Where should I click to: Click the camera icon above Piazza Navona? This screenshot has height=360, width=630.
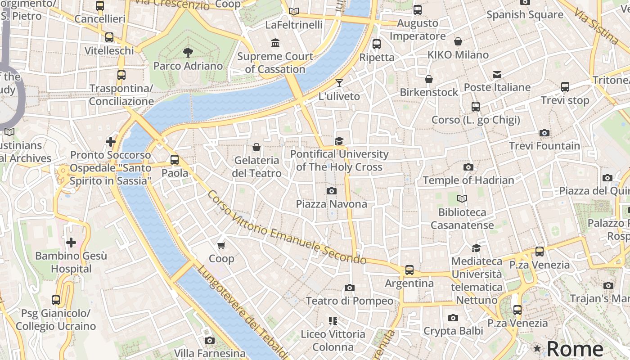point(332,191)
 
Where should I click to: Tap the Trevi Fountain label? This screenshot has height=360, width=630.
point(544,146)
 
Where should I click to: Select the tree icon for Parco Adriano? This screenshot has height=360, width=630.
point(188,53)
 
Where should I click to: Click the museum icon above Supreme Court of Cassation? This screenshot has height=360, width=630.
point(275,43)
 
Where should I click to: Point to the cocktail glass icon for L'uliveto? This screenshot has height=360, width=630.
point(339,83)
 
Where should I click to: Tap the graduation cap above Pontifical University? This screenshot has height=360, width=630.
point(339,141)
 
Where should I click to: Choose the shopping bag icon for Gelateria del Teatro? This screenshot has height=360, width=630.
point(256,147)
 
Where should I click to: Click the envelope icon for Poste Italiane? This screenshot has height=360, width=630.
point(497,74)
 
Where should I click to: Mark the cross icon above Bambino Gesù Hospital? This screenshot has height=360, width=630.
point(71,243)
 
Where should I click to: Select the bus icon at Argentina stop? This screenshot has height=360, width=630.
point(409,270)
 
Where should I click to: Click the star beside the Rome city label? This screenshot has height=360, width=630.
point(537,348)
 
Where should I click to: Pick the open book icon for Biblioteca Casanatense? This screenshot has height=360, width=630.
point(462,198)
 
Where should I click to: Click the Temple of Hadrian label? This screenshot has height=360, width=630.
point(468,180)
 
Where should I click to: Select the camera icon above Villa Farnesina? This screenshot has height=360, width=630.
point(209,341)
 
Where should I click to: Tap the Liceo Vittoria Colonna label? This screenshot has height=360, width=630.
point(333,341)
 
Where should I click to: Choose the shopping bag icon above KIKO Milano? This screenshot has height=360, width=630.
point(458,42)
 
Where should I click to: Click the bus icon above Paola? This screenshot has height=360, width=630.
point(175,160)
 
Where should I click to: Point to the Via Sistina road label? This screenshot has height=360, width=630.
point(596,22)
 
